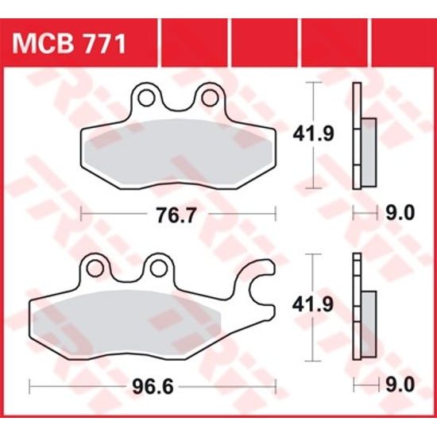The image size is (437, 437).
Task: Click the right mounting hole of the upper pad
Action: click(211, 98)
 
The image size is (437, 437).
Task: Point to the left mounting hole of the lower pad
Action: click(95, 265)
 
